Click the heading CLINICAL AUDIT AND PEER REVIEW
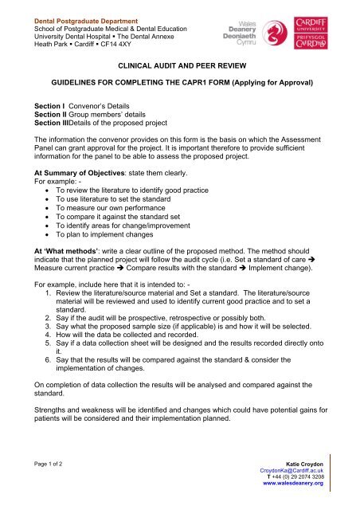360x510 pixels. pos(180,70)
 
